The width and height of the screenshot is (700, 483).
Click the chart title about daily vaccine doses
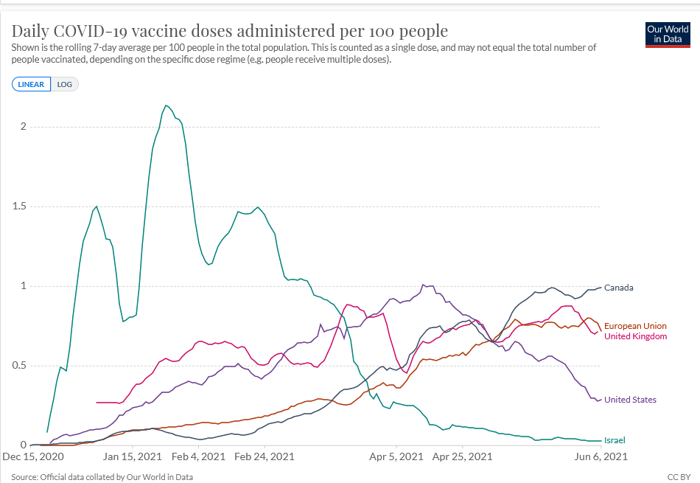click(229, 31)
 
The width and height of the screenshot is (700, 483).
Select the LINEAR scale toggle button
click(31, 84)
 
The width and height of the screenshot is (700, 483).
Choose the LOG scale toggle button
click(65, 84)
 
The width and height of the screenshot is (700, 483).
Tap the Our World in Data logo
click(667, 34)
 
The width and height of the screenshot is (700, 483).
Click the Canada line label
click(619, 288)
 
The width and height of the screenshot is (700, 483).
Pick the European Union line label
click(635, 326)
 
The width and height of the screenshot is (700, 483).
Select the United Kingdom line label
click(635, 336)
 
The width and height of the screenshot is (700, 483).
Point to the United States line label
click(630, 400)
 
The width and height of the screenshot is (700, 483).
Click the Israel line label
click(615, 440)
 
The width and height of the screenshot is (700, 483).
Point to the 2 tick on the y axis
click(23, 127)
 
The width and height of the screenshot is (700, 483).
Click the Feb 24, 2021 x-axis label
click(265, 456)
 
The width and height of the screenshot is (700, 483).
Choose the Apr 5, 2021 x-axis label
click(396, 456)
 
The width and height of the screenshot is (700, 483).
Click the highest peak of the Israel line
click(166, 105)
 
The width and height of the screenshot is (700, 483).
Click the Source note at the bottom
click(102, 476)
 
